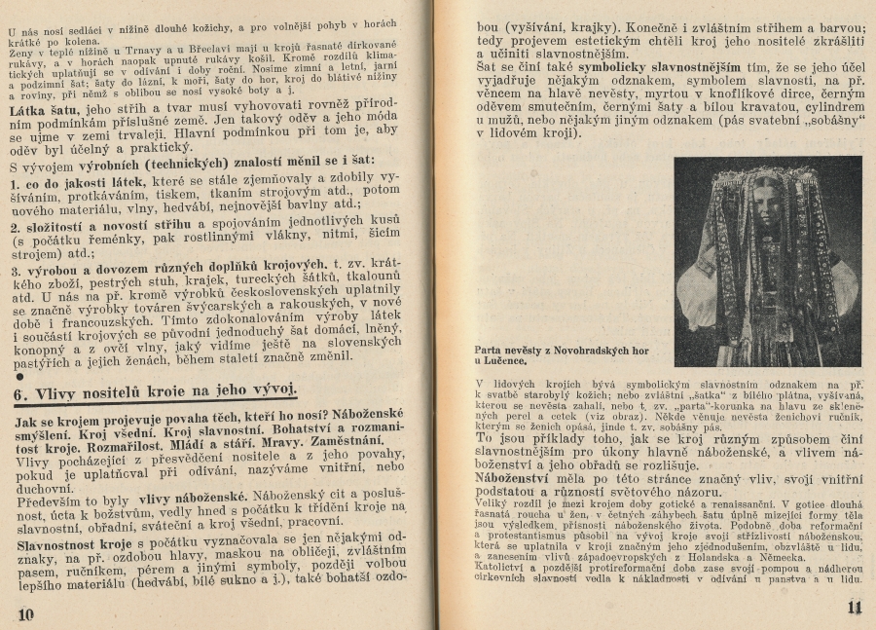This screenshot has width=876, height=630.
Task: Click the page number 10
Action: pyautogui.click(x=26, y=612)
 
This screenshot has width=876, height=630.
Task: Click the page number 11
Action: pyautogui.click(x=854, y=609)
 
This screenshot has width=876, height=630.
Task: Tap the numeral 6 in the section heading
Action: pyautogui.click(x=20, y=394)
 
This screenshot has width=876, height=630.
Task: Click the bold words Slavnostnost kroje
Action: pyautogui.click(x=71, y=542)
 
